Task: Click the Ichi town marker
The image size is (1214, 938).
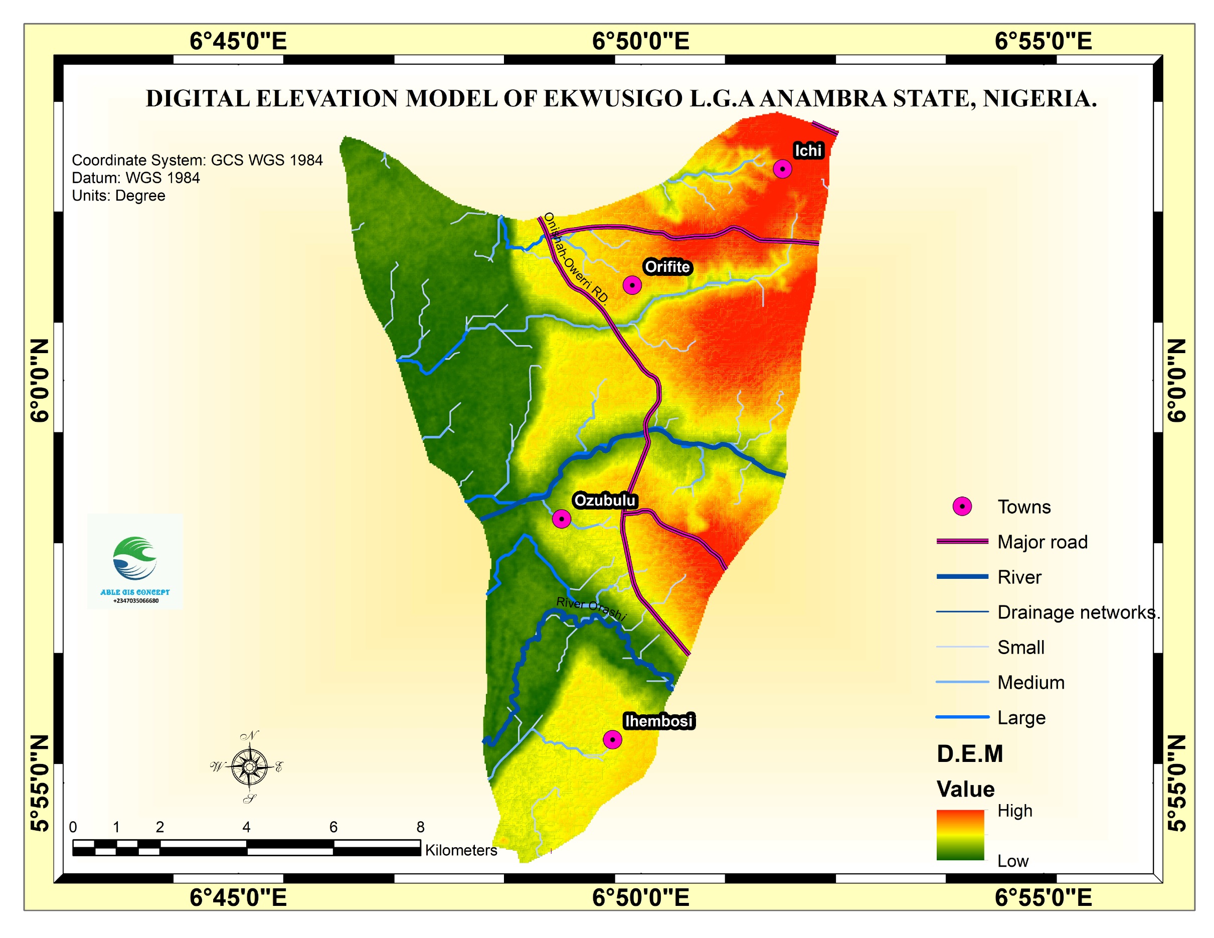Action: tap(782, 169)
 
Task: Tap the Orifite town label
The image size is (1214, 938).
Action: tap(667, 267)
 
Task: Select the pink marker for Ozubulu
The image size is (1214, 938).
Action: tap(562, 519)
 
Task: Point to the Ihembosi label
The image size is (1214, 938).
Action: tap(659, 721)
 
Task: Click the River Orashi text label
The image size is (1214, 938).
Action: tap(591, 608)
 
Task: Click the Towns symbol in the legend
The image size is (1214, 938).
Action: tap(962, 506)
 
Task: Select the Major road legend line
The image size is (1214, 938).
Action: tap(962, 541)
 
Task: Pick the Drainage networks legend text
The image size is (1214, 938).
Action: tap(1079, 612)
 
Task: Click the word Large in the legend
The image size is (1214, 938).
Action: tap(1021, 717)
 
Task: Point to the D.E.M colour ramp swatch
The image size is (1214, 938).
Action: tap(960, 834)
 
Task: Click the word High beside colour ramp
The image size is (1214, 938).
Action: tap(1014, 811)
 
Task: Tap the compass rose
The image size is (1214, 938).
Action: tap(249, 767)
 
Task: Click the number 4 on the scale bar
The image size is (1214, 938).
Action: tap(246, 827)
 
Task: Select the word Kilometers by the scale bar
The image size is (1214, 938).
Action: tap(461, 850)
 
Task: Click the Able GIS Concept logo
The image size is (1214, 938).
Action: tap(135, 562)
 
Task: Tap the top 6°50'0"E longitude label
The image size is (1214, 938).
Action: tap(640, 41)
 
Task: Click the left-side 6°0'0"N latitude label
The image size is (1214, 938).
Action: tap(40, 380)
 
